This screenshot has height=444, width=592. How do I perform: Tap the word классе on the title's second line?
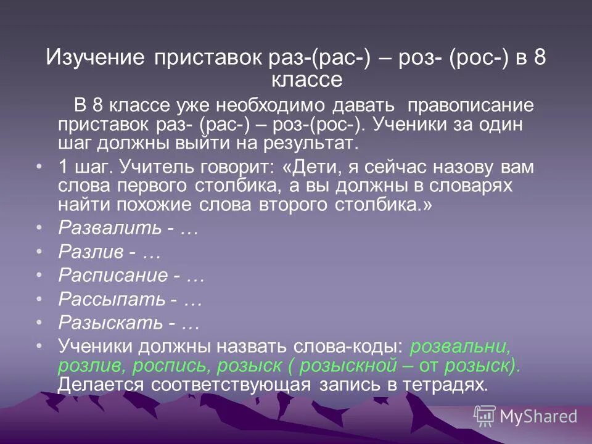coord(306,80)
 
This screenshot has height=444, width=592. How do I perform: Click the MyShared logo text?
coord(538,416)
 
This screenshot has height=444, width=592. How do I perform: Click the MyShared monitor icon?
coord(485,416)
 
